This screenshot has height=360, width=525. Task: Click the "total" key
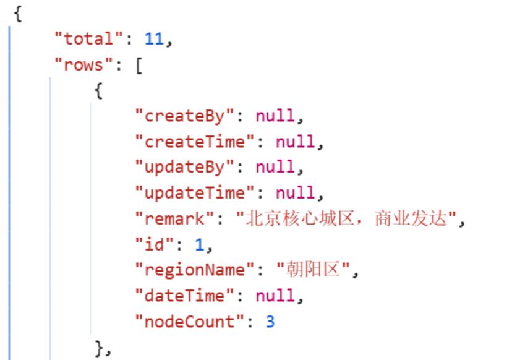pos(89,39)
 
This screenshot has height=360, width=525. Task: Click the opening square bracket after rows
pos(139,65)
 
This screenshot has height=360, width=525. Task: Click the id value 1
pos(199,245)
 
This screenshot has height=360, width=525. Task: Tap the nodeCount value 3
pos(270,322)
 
